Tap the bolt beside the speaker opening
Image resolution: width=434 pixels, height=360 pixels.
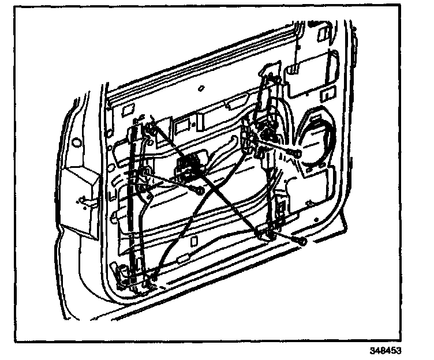coord(295,153)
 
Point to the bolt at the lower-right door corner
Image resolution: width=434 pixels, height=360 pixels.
coord(301,241)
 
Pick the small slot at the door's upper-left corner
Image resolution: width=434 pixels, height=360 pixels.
coord(128,106)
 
